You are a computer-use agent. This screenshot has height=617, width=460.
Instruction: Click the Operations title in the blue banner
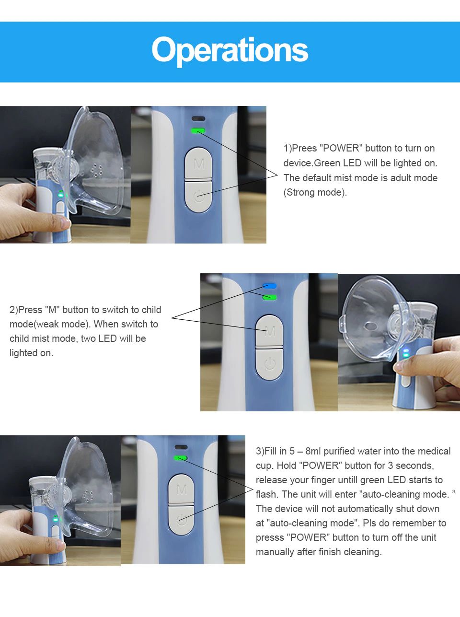coord(230,51)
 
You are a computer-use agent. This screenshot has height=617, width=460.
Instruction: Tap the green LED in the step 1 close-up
coord(198,131)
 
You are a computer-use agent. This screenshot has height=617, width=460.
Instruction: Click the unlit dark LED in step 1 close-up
coord(198,119)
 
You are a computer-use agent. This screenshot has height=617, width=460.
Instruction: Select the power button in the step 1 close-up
coord(198,196)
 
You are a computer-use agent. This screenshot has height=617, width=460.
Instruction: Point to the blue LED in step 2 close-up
coord(270,286)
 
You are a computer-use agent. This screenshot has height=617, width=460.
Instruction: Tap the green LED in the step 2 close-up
coord(270,298)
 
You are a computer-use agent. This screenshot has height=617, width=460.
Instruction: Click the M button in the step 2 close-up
coord(269,330)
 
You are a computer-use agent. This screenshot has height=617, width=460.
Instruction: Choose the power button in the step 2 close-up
coord(269,364)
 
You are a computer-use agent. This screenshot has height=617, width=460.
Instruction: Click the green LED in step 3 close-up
coord(181,458)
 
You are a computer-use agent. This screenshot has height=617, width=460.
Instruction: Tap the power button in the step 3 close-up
coord(181,521)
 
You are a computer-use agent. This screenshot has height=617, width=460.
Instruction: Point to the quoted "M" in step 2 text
coord(52,310)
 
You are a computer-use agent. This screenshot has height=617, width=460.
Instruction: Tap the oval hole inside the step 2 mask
coord(371,326)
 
